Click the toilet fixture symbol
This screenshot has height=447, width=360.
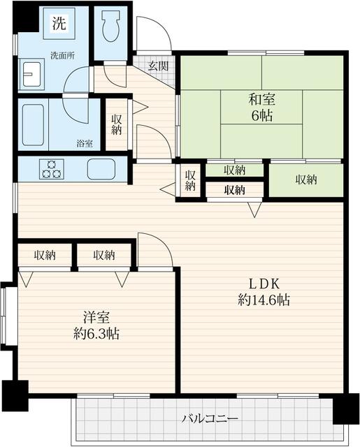point(110,27)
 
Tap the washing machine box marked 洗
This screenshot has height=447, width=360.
point(59,23)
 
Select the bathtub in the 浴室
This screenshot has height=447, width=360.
point(33,124)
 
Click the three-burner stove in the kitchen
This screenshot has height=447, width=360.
point(51,169)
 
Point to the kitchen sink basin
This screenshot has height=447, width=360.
point(101,169)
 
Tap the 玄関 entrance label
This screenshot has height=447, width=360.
point(158,66)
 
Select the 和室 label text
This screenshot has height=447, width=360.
point(262,100)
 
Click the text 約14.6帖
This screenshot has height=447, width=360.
point(264,300)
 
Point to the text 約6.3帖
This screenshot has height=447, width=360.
point(96,334)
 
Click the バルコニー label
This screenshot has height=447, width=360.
point(210,419)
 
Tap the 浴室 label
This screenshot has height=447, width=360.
point(85,143)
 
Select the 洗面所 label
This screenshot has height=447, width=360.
point(62,56)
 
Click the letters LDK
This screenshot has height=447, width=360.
point(264,284)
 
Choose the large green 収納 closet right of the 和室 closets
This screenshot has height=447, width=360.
point(306,180)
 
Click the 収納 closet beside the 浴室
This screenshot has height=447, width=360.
point(116,124)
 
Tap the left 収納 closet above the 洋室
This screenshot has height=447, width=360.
point(45,255)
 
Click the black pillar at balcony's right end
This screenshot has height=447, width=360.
point(345,409)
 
